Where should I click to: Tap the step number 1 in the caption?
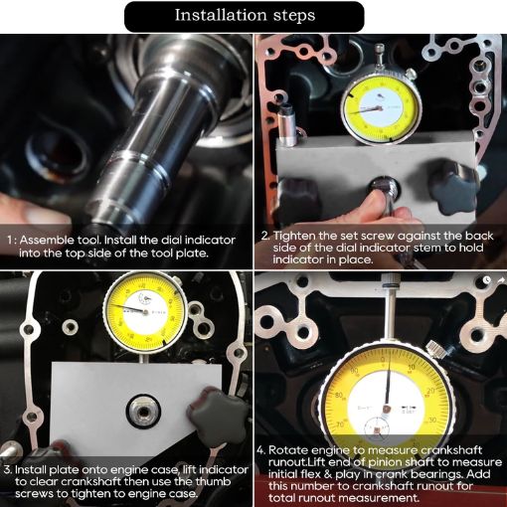tap(10, 240)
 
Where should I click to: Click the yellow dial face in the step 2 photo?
tap(376, 106)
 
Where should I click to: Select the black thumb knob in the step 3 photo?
tap(212, 407)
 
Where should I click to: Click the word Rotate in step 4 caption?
tap(293, 449)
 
